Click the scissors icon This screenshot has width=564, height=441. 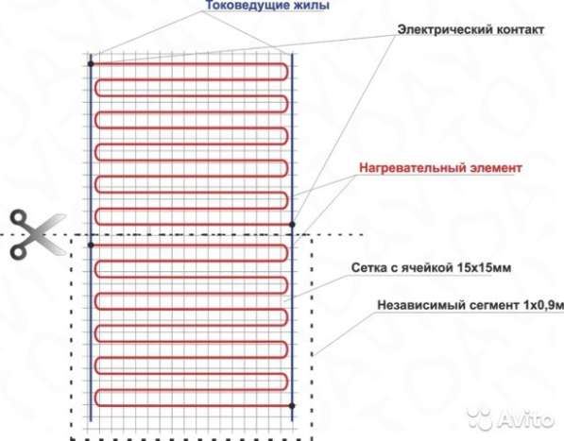(x=27, y=236)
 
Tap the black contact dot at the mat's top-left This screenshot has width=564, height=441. (x=91, y=63)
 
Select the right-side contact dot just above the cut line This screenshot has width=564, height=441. (x=293, y=225)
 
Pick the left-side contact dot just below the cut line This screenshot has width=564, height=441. (x=91, y=246)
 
